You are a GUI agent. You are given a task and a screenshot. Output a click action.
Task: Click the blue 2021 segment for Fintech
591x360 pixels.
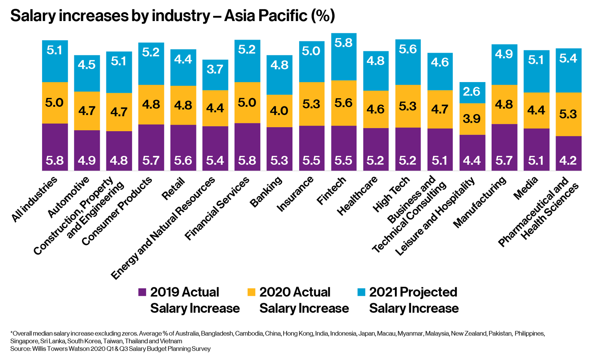click(344, 57)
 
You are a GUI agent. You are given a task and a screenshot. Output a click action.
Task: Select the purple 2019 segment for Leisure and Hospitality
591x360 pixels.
click(472, 152)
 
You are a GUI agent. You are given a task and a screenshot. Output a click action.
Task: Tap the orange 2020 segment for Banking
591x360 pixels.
click(279, 111)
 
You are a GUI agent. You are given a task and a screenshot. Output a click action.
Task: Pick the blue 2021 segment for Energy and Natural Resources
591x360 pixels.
click(215, 75)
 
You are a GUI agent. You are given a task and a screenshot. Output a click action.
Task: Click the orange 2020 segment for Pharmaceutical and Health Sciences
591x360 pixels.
click(568, 114)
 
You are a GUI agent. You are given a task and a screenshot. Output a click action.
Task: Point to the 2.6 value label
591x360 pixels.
click(472, 91)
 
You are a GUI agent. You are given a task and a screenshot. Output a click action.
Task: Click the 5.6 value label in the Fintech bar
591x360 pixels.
click(344, 103)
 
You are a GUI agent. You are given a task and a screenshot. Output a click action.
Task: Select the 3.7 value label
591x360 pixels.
click(215, 69)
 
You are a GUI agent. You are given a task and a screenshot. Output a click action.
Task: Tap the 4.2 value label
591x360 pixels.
click(568, 160)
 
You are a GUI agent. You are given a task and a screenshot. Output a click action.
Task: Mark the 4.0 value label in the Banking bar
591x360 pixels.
click(279, 111)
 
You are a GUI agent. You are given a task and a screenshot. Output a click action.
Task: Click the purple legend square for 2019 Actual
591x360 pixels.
click(142, 292)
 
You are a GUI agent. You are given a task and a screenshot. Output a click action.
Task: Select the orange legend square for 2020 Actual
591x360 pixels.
click(251, 292)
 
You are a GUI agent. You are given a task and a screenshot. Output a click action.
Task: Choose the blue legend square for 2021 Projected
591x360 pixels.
click(361, 292)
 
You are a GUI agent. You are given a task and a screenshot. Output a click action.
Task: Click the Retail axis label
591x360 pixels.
click(174, 189)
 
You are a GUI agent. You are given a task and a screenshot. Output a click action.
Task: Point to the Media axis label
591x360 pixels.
click(526, 189)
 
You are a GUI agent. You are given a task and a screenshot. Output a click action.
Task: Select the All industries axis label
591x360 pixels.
click(34, 199)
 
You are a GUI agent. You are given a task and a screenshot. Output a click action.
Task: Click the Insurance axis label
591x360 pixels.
click(295, 194)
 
